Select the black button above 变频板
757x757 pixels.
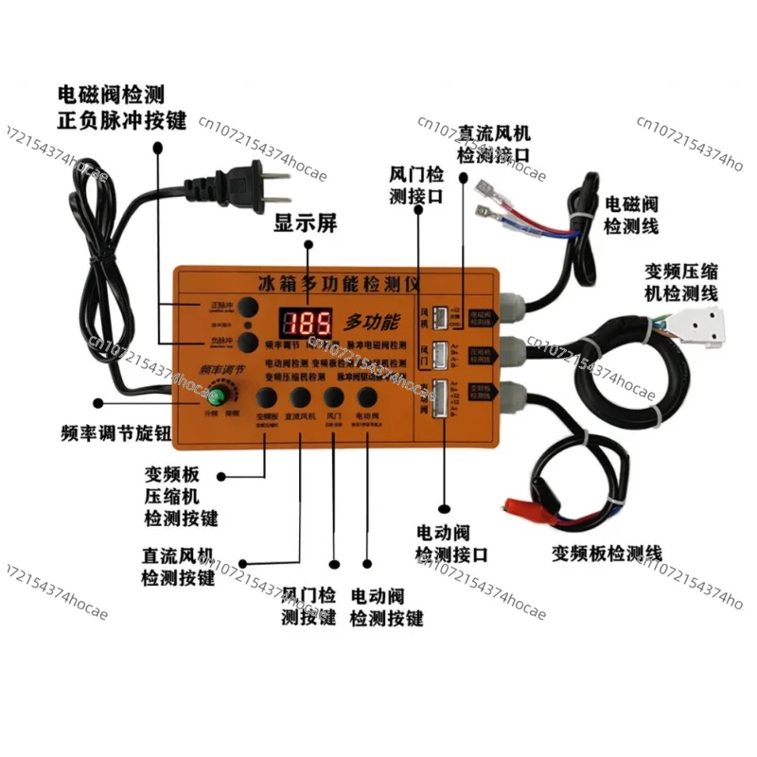click(267, 397)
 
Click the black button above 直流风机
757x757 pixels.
click(301, 397)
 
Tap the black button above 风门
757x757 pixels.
click(333, 397)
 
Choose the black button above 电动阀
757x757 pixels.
click(366, 397)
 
